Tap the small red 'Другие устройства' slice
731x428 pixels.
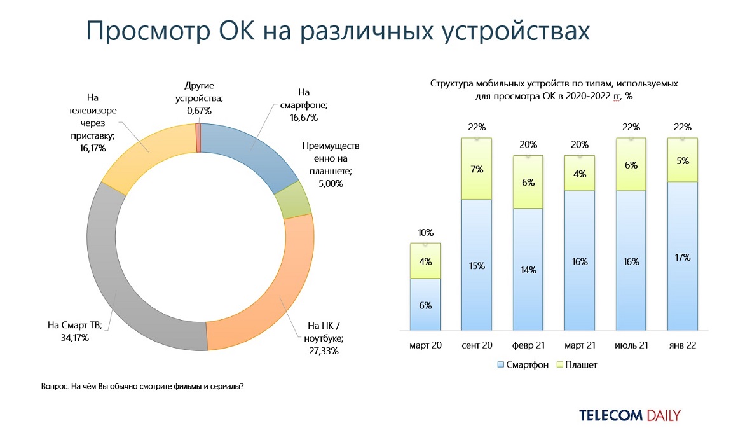[198, 137]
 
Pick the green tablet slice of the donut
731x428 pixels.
[294, 199]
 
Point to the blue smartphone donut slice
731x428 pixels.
[248, 153]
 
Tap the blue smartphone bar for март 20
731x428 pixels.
[426, 305]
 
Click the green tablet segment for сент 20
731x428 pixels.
[477, 169]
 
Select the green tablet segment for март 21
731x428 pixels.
[580, 173]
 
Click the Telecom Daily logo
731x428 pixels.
[629, 415]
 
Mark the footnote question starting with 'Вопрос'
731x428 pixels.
[142, 386]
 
